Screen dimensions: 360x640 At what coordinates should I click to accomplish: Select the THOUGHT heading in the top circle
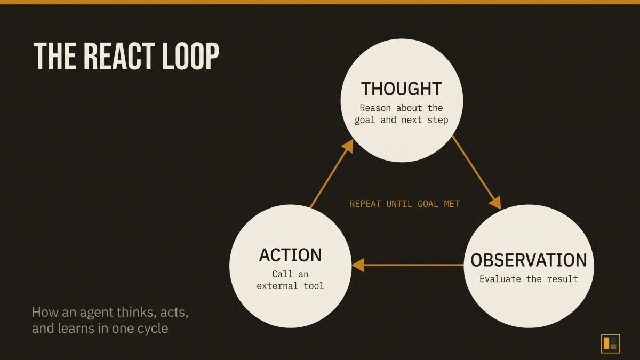pyautogui.click(x=401, y=89)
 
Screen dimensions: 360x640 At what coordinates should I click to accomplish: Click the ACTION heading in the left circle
pyautogui.click(x=290, y=255)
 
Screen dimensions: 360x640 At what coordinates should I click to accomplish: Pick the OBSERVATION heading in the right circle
pyautogui.click(x=528, y=260)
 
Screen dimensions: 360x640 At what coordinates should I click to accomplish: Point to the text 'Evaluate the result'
pyautogui.click(x=528, y=279)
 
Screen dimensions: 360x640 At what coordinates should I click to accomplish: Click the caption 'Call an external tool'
pyautogui.click(x=290, y=280)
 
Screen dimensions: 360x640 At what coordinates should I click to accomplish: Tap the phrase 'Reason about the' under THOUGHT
pyautogui.click(x=401, y=108)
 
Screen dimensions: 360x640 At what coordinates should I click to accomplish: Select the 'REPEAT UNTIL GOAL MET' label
pyautogui.click(x=404, y=204)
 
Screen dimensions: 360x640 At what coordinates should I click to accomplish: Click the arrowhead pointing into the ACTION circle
pyautogui.click(x=357, y=265)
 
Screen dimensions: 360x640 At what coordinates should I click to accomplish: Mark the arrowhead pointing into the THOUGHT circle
pyautogui.click(x=348, y=145)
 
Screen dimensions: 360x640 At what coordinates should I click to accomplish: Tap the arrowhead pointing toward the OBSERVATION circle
pyautogui.click(x=495, y=203)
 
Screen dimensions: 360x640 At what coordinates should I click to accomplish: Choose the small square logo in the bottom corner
pyautogui.click(x=610, y=343)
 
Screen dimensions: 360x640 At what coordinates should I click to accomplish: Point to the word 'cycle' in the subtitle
pyautogui.click(x=153, y=328)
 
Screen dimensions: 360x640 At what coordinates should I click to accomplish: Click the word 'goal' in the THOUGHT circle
pyautogui.click(x=365, y=120)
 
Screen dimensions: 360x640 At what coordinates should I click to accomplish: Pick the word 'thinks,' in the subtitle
pyautogui.click(x=133, y=311)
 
